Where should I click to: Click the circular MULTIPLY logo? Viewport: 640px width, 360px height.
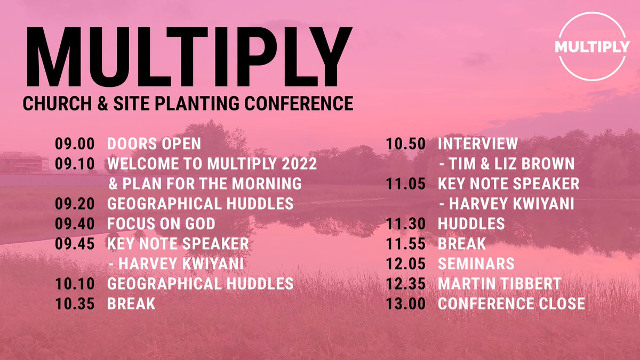click(591, 47)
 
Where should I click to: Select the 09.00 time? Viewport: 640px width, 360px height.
click(75, 144)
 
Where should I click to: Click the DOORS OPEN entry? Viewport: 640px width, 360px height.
click(154, 144)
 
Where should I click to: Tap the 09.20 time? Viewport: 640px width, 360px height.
click(75, 203)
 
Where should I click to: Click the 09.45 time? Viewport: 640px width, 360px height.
click(75, 243)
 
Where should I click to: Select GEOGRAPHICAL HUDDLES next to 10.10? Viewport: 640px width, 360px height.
click(200, 283)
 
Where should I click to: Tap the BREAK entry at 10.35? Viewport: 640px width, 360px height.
click(131, 303)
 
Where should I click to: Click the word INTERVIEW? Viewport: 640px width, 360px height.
click(477, 144)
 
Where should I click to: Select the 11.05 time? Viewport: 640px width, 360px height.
click(406, 184)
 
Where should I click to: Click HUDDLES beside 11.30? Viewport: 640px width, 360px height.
click(471, 224)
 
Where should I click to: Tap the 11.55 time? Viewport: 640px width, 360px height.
click(406, 244)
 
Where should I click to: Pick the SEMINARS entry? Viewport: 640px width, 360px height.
click(476, 263)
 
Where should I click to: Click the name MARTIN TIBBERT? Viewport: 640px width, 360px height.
click(499, 284)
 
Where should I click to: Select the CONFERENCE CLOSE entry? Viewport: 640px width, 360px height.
click(511, 303)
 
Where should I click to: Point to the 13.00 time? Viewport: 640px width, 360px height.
click(406, 303)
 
